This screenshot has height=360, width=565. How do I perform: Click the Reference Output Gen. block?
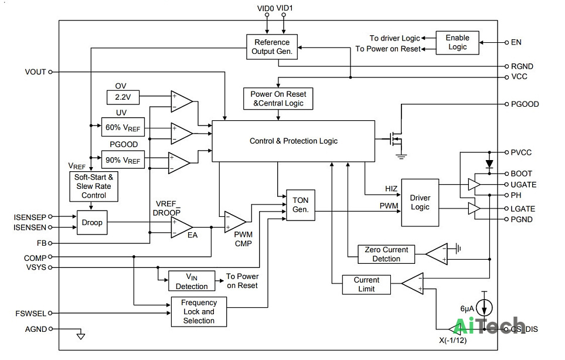[272, 47]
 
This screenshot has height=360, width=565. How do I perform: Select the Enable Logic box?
[457, 43]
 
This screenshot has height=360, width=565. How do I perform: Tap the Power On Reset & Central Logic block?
[278, 99]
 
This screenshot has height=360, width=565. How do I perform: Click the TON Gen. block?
[301, 205]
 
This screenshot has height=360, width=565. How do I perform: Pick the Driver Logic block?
[420, 202]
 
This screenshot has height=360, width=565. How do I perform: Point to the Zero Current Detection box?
[386, 254]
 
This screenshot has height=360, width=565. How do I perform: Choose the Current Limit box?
[366, 285]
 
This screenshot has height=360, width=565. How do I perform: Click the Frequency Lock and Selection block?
[199, 312]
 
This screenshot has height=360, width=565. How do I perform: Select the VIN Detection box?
[192, 281]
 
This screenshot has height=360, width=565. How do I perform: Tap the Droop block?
[92, 222]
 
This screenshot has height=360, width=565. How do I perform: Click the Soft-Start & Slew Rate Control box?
[94, 186]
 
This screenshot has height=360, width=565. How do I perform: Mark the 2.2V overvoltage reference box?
[123, 97]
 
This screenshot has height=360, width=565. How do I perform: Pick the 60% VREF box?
[123, 127]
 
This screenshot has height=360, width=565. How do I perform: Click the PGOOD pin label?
[525, 104]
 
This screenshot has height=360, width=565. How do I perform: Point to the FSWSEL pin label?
[30, 314]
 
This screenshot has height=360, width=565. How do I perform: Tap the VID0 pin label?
[266, 8]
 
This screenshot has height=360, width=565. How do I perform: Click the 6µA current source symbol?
[484, 307]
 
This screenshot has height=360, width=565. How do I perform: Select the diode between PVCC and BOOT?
[489, 164]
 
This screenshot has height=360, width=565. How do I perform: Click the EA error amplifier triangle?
[182, 227]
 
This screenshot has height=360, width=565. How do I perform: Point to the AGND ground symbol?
[81, 336]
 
